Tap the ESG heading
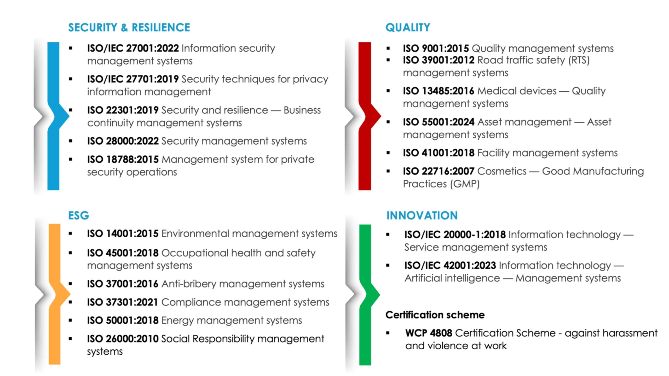click(x=79, y=215)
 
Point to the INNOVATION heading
click(x=422, y=215)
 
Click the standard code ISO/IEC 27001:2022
click(x=133, y=48)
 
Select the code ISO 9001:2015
click(x=436, y=48)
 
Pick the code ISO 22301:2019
click(x=123, y=110)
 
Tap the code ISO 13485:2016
click(x=439, y=91)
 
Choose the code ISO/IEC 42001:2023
click(x=450, y=266)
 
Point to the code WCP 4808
click(x=429, y=333)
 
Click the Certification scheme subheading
click(x=435, y=315)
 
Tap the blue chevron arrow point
click(x=69, y=116)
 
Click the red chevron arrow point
click(x=381, y=115)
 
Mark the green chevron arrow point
click(x=380, y=295)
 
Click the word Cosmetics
click(x=502, y=171)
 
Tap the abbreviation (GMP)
click(x=465, y=184)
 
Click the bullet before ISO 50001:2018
click(x=70, y=320)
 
